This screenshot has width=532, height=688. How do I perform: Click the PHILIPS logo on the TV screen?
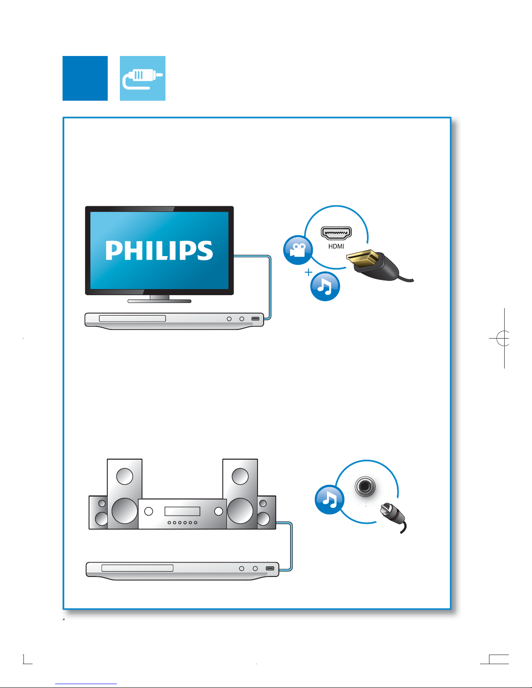[x=159, y=250]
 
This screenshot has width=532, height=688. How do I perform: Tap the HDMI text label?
[x=336, y=247]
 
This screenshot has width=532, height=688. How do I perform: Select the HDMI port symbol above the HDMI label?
[x=336, y=233]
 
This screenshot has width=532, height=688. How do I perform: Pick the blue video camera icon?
[x=298, y=250]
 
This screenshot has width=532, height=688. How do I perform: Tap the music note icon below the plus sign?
[x=325, y=286]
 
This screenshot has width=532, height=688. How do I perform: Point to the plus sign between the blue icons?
[x=308, y=272]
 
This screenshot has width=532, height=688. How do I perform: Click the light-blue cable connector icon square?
[x=142, y=78]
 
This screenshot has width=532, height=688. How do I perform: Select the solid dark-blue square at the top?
[x=85, y=78]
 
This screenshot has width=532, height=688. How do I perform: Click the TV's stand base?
[x=159, y=300]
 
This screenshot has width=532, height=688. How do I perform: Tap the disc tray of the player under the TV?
[x=132, y=319]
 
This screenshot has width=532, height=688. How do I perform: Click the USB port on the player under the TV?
[x=255, y=319]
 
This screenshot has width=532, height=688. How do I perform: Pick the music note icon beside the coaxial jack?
[x=329, y=500]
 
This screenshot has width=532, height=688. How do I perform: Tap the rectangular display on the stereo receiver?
[x=182, y=511]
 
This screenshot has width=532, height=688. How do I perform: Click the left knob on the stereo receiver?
[x=149, y=511]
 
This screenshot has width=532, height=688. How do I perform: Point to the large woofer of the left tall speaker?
[x=125, y=510]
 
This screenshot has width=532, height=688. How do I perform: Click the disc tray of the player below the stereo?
[x=137, y=568]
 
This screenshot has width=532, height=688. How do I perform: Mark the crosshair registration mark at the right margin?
[x=503, y=338]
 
